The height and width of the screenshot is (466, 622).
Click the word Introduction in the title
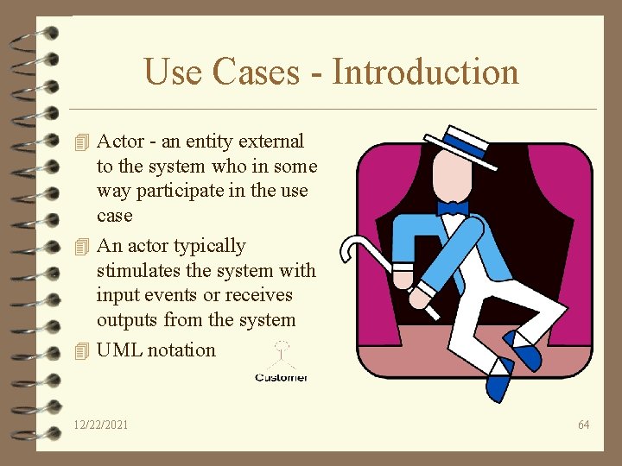click(425, 72)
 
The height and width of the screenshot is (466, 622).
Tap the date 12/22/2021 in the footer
click(101, 425)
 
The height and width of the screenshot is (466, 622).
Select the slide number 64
click(584, 425)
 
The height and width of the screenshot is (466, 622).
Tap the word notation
click(181, 350)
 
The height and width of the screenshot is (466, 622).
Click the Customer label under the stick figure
click(281, 377)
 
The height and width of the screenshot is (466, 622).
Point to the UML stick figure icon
click(280, 356)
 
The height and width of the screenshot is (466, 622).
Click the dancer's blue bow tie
click(453, 208)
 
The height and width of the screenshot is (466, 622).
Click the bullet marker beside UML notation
click(82, 350)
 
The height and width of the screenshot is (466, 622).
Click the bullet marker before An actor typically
click(82, 246)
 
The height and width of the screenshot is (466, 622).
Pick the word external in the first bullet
click(271, 141)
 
